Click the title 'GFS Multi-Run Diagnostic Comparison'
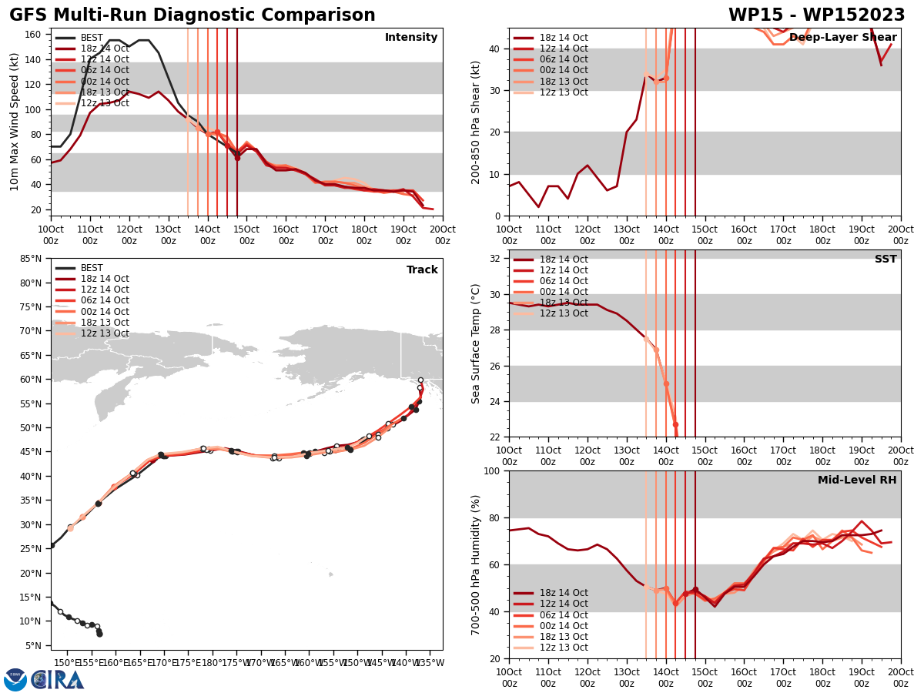click(x=192, y=15)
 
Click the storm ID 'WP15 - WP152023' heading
click(x=816, y=15)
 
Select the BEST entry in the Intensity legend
click(x=92, y=38)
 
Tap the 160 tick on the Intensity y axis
click(x=34, y=34)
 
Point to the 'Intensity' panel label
click(x=411, y=38)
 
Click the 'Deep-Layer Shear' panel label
click(x=842, y=38)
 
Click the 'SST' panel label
click(x=885, y=259)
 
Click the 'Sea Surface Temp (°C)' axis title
click(x=476, y=343)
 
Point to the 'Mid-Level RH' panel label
click(x=857, y=480)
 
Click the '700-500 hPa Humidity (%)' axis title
click(x=476, y=564)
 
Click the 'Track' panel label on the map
click(x=422, y=270)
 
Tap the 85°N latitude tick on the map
click(x=32, y=259)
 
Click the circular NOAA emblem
click(x=15, y=680)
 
